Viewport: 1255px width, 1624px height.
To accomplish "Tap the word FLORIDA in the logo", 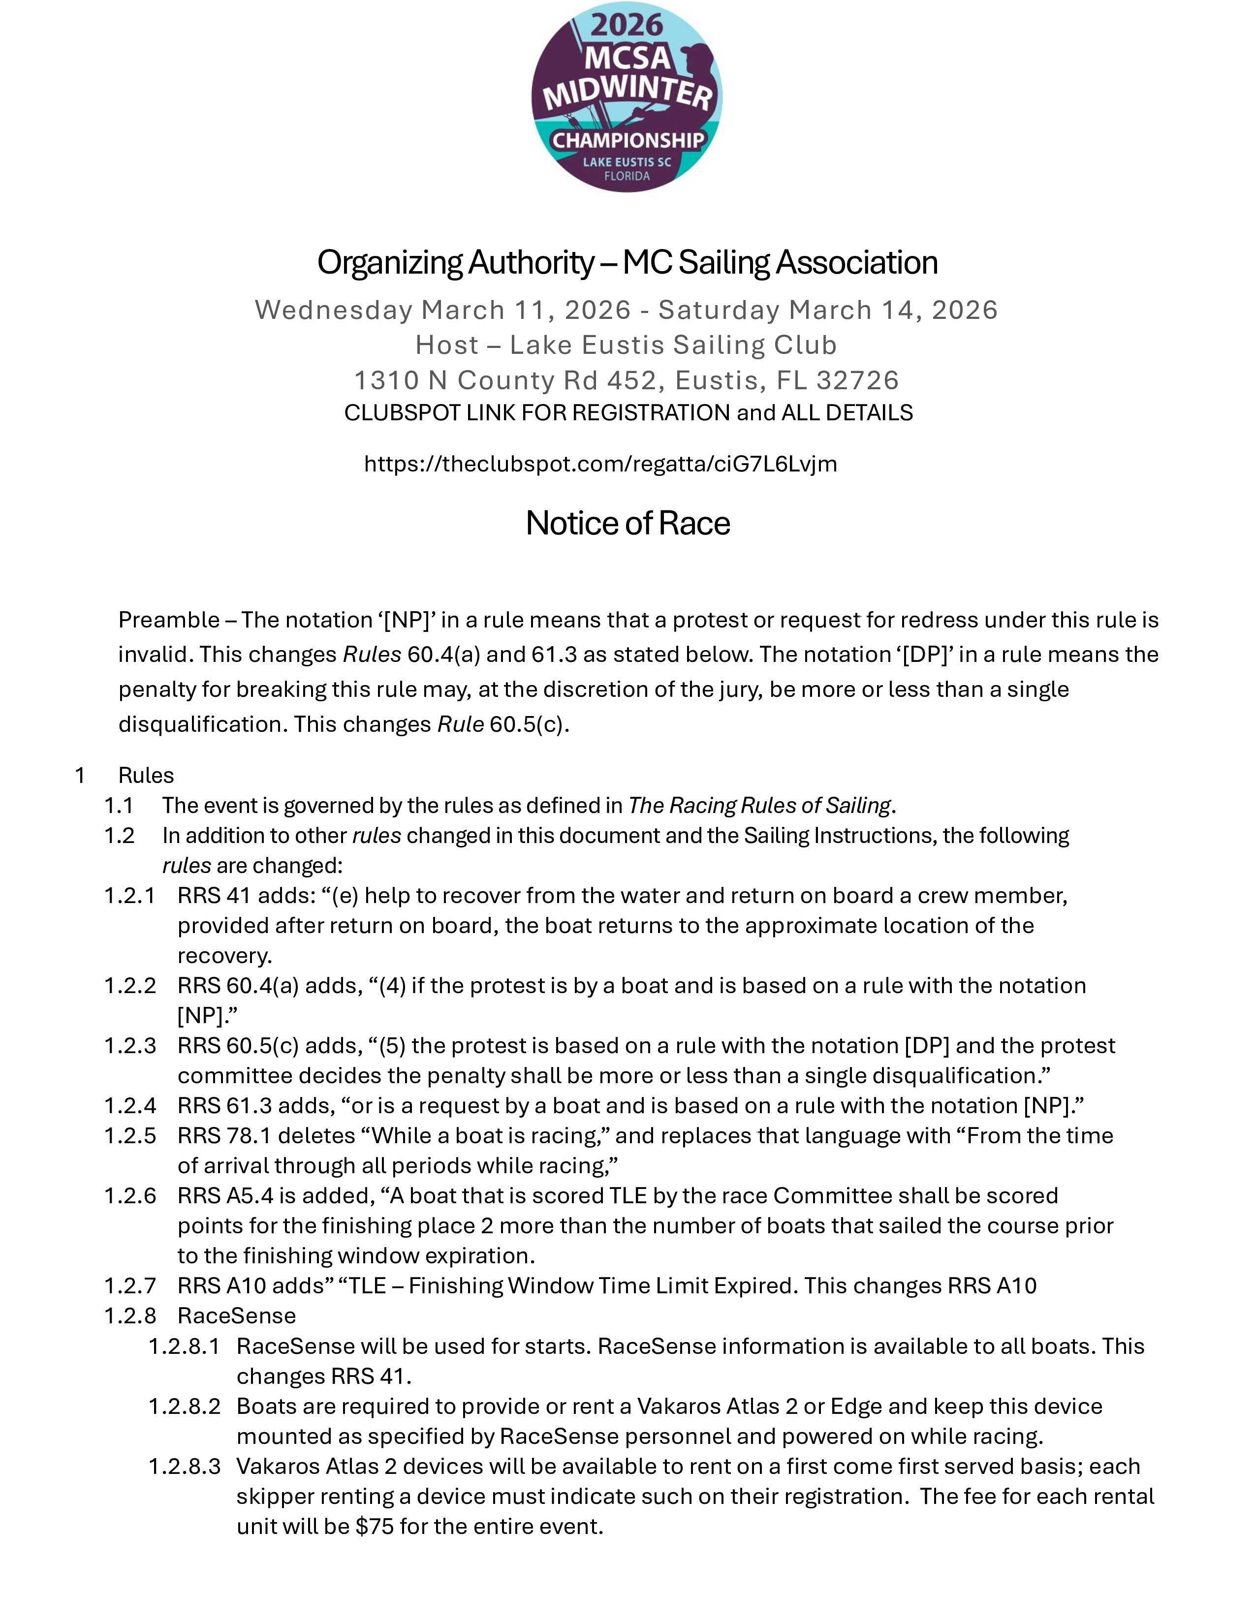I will pyautogui.click(x=627, y=176).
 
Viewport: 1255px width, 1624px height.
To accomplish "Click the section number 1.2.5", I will pyautogui.click(x=130, y=1135).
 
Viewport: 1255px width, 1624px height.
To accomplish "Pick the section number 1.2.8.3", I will pyautogui.click(x=185, y=1467).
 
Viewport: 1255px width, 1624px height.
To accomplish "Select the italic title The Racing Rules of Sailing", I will pyautogui.click(x=759, y=805).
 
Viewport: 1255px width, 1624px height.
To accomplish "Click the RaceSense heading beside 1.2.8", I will pyautogui.click(x=236, y=1315).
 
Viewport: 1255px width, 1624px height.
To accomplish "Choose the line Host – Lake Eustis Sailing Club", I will pyautogui.click(x=626, y=345).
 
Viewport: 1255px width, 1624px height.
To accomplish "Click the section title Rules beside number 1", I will pyautogui.click(x=146, y=776).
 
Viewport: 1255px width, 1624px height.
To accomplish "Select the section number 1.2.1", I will pyautogui.click(x=130, y=895).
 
